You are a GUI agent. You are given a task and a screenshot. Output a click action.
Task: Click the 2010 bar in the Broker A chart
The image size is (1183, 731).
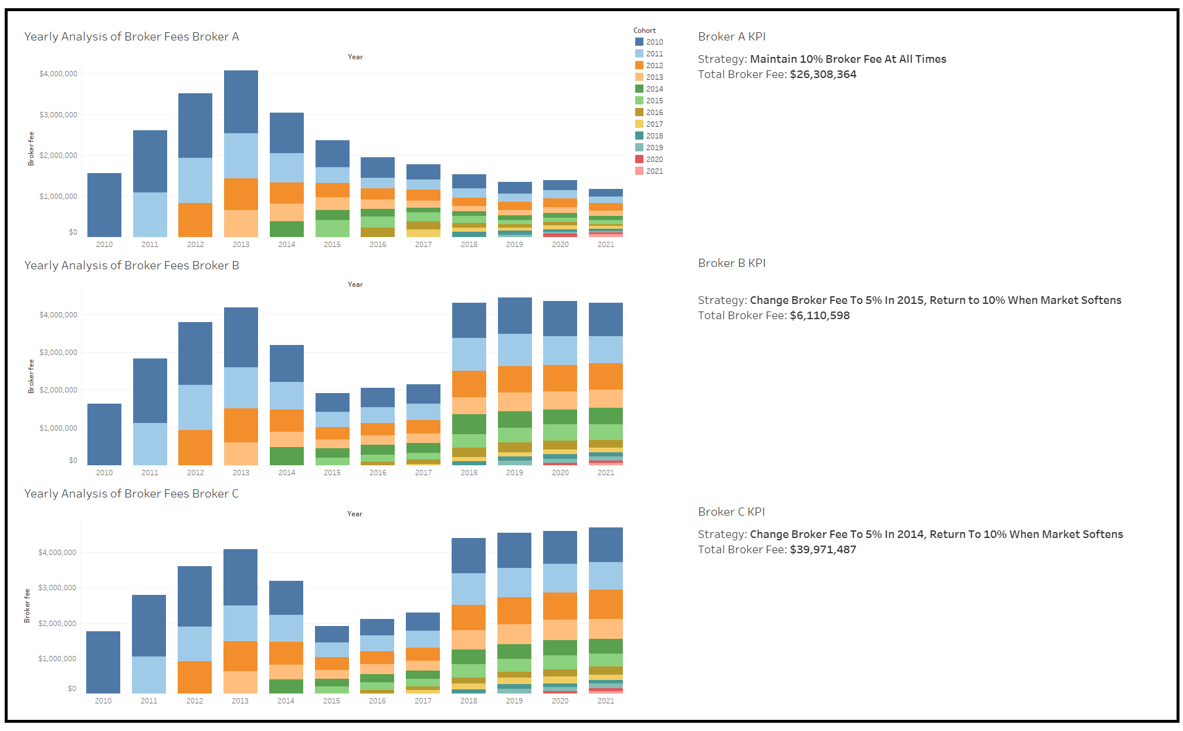[x=104, y=205]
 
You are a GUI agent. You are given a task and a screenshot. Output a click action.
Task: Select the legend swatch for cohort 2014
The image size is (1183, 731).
[x=639, y=89]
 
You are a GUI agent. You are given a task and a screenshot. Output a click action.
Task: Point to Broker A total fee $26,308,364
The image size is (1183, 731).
[x=823, y=75]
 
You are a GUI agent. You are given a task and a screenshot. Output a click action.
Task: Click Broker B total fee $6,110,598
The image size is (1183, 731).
[x=819, y=316]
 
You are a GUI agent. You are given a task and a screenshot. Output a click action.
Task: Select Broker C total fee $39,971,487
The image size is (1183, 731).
[x=823, y=550]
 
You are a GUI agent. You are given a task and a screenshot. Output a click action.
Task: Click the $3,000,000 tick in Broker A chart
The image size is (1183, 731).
[x=58, y=115]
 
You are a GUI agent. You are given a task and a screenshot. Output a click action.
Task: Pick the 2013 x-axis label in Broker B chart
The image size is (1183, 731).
[x=241, y=472]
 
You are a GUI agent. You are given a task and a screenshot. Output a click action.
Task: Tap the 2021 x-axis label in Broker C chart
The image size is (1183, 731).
[x=606, y=700]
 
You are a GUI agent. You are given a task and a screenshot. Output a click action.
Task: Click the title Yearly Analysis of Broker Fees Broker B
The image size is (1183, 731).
[x=131, y=265]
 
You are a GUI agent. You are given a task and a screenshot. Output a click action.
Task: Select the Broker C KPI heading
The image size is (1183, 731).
[x=731, y=512]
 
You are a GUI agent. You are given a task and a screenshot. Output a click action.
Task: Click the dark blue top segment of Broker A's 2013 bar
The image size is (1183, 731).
[x=241, y=101]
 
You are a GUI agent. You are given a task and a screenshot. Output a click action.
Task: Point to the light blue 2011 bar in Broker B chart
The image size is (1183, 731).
[x=150, y=444]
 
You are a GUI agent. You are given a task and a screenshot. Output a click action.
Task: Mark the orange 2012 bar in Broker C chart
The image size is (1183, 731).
[x=195, y=677]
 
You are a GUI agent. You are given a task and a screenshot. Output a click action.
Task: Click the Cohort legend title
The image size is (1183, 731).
[x=644, y=31]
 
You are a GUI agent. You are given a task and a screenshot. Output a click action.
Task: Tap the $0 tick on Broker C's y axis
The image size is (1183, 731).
[x=72, y=689]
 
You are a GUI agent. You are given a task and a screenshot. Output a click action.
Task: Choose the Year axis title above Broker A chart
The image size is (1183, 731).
[x=355, y=57]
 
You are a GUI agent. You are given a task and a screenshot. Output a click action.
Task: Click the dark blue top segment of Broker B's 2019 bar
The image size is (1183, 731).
[x=514, y=316]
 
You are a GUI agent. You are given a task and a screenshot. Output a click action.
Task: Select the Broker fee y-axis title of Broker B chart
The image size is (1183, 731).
[x=31, y=376]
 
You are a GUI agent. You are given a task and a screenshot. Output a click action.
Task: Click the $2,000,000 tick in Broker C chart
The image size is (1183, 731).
[x=57, y=623]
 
